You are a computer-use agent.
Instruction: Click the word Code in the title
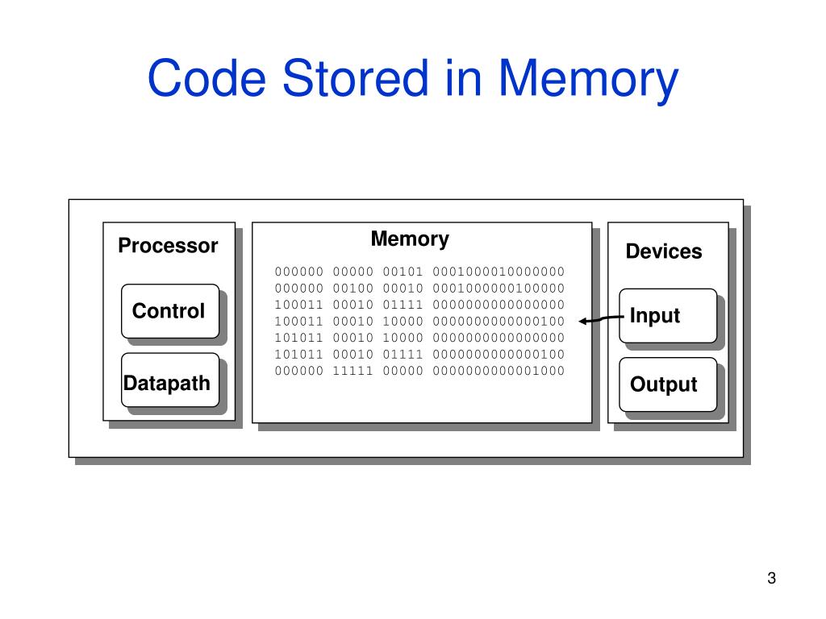tap(206, 78)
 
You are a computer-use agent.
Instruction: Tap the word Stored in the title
tap(356, 78)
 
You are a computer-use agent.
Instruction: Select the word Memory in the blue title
tap(587, 81)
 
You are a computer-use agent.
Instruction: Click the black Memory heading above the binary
tap(410, 239)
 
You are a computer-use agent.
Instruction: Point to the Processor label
tap(168, 246)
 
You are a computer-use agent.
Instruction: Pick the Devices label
tap(664, 251)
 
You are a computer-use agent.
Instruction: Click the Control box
tap(170, 311)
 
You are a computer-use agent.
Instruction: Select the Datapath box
tap(170, 380)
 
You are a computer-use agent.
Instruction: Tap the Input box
tap(668, 316)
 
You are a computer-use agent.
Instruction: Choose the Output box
tap(668, 384)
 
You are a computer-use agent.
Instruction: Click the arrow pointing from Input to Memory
tap(601, 319)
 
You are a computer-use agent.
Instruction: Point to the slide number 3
tap(772, 578)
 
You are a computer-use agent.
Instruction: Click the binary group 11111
tap(353, 371)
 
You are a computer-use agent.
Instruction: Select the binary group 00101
tap(403, 272)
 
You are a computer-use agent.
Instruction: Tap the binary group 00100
tap(353, 289)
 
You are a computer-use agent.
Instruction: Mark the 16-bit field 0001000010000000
tap(499, 272)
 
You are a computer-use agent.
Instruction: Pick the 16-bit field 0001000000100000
tap(499, 289)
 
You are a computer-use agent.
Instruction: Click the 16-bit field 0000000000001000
tap(499, 371)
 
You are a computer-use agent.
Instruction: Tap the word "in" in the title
tap(464, 78)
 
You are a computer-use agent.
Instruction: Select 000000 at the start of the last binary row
tap(298, 371)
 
